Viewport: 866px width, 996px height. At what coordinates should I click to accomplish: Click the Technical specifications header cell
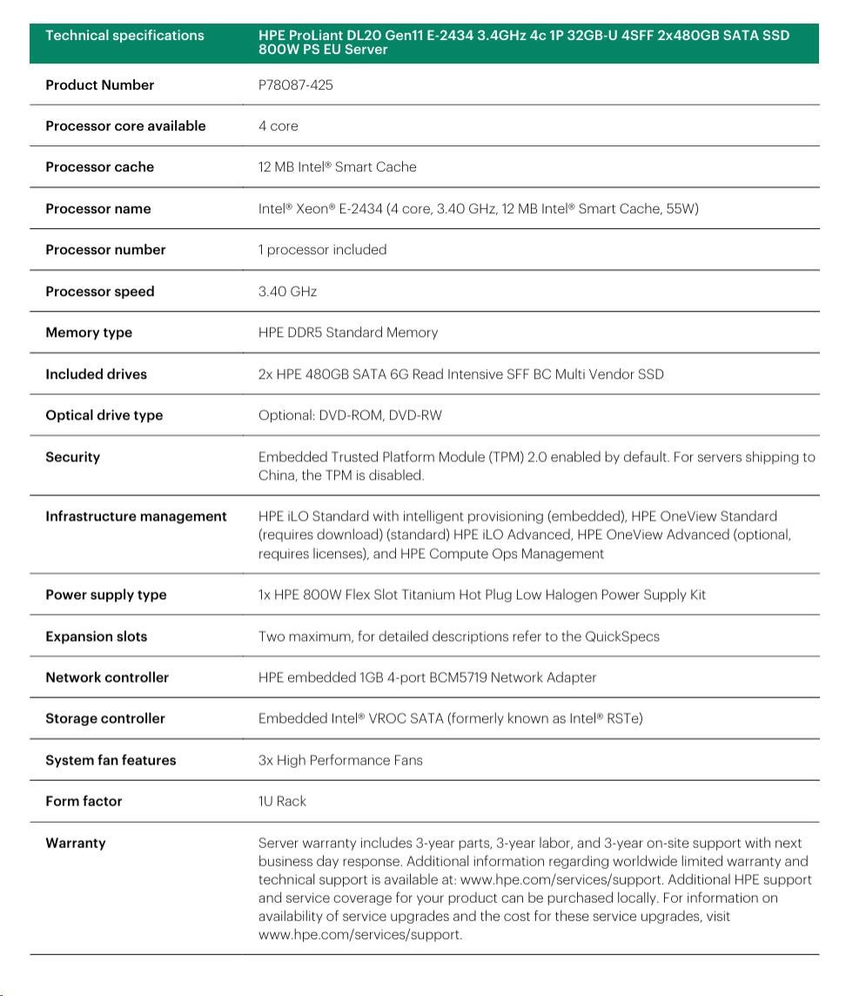(x=124, y=36)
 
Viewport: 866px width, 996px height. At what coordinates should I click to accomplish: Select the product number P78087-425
(x=295, y=85)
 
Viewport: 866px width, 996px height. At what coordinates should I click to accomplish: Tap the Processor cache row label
(x=99, y=167)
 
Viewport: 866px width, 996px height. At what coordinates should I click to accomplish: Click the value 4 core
(x=278, y=126)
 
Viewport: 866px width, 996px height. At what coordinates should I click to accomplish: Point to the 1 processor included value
(x=322, y=250)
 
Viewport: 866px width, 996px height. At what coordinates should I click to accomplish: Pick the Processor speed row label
(x=99, y=292)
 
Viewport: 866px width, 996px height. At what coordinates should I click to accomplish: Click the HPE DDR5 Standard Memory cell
(x=347, y=333)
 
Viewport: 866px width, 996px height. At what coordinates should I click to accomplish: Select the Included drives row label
(x=96, y=374)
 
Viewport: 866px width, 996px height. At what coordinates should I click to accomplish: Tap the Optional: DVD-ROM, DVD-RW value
(x=350, y=415)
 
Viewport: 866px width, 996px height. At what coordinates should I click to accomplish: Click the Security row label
(x=72, y=457)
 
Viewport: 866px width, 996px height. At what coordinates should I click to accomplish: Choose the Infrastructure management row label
(x=136, y=516)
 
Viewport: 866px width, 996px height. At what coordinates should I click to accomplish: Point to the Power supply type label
(x=105, y=595)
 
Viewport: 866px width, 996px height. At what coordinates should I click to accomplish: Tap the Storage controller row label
(x=104, y=718)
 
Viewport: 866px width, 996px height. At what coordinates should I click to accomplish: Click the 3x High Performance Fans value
(x=339, y=760)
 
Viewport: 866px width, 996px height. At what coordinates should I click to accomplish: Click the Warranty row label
(x=75, y=843)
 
